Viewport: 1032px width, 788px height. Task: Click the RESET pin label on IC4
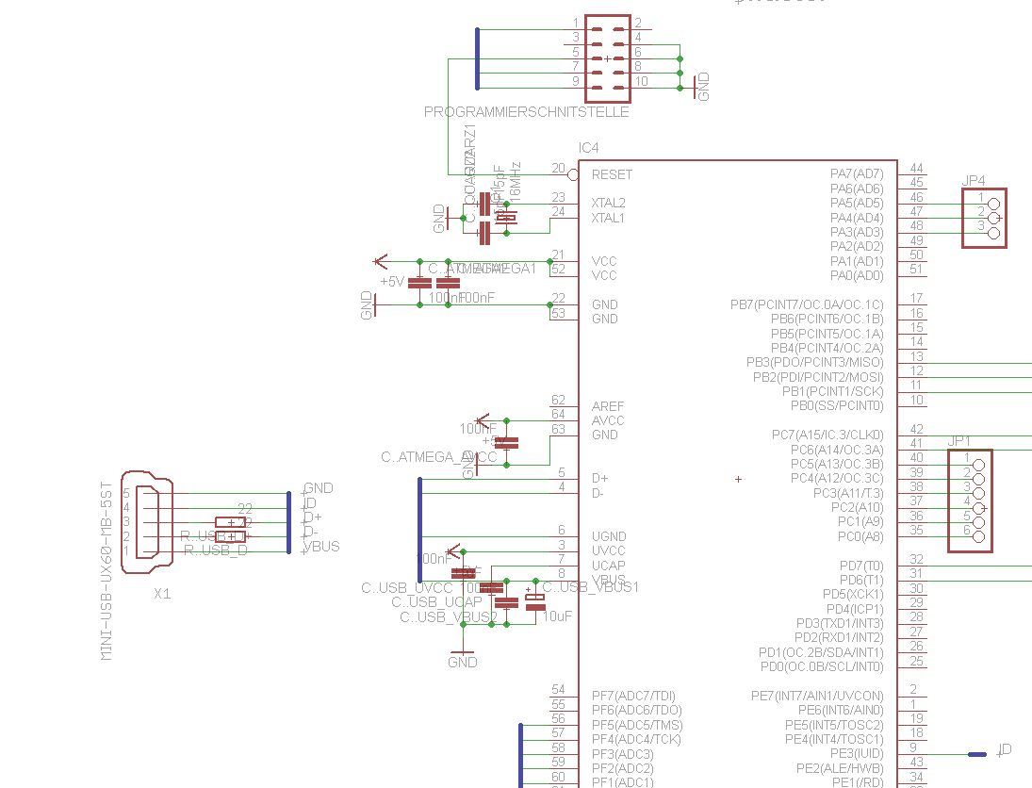(612, 174)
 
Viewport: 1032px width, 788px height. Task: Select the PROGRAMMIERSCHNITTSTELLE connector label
(526, 112)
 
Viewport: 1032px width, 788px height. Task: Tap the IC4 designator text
(588, 148)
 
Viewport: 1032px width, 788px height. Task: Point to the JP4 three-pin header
(985, 218)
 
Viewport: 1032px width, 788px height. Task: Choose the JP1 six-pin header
(970, 500)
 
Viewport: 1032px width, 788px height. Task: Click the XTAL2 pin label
(608, 203)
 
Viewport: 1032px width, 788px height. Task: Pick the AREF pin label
(608, 406)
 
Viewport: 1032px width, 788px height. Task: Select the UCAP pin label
(608, 565)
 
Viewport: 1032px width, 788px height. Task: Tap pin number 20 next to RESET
(558, 169)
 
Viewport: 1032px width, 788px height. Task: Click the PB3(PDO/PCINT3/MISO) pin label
(815, 363)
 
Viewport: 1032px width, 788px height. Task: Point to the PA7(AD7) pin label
(857, 173)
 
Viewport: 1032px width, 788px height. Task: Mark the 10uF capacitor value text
(558, 616)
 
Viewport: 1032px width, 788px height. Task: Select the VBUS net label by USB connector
(321, 546)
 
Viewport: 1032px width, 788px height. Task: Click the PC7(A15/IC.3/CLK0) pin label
(827, 435)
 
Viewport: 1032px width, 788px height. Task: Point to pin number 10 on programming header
(641, 82)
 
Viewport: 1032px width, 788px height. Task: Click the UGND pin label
(608, 536)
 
